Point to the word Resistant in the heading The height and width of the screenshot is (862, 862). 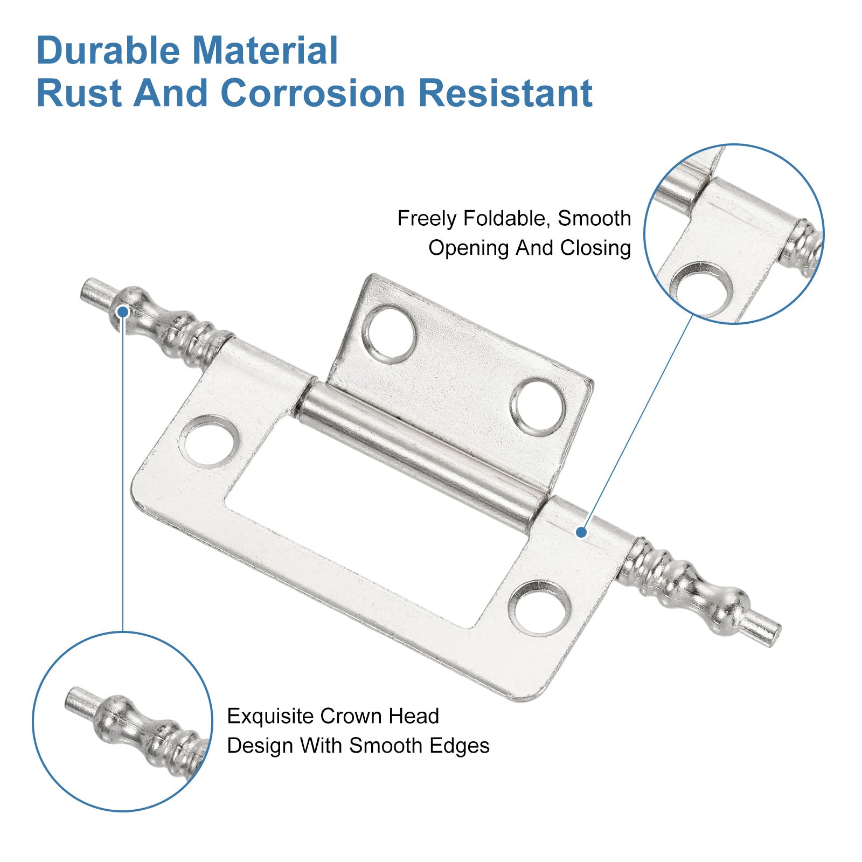click(505, 93)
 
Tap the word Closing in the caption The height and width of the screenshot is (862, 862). click(595, 248)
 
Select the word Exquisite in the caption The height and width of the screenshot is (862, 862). click(270, 717)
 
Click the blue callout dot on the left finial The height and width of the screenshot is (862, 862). click(123, 311)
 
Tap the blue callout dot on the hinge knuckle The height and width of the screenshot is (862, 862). click(581, 532)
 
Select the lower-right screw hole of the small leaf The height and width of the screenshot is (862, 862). click(538, 406)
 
